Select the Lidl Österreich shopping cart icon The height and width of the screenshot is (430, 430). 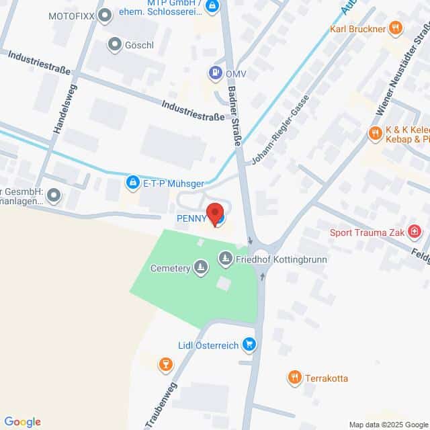249,345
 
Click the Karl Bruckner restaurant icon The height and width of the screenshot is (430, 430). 396,28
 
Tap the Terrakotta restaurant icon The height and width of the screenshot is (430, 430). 294,378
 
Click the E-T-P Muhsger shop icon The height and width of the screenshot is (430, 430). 133,181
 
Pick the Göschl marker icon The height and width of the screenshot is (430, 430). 114,44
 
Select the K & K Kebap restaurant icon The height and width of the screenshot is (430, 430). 374,134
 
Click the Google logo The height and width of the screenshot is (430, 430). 22,422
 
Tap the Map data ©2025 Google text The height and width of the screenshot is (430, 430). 388,425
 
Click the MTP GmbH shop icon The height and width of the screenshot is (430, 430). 212,7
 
